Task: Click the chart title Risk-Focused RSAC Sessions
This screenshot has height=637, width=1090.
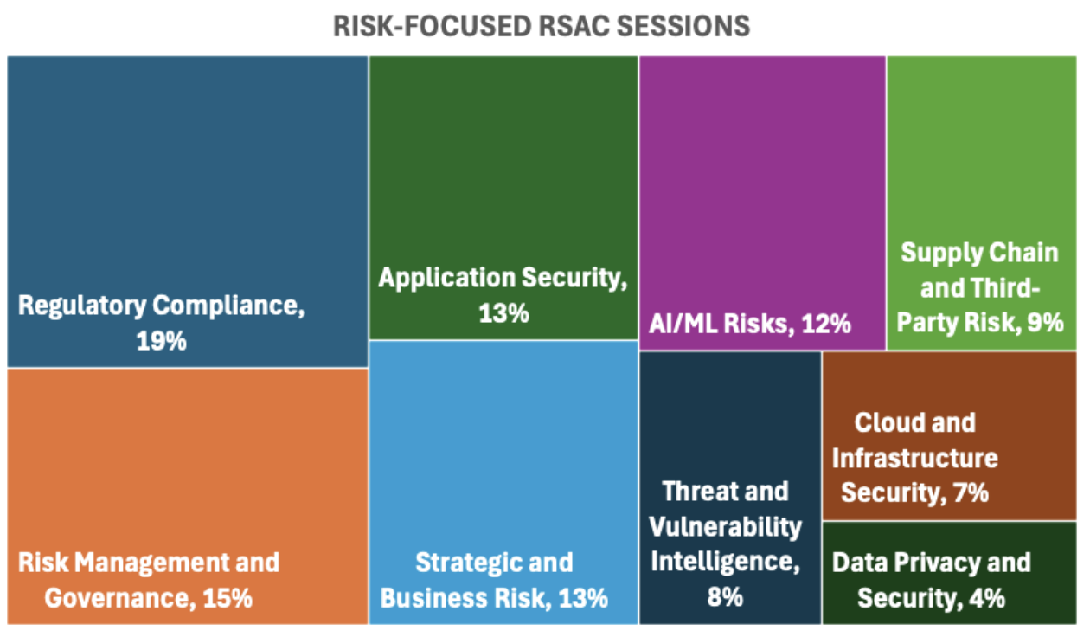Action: coord(542,26)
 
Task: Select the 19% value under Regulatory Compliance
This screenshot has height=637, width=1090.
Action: coord(161,341)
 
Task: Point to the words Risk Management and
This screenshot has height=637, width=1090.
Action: coord(148,563)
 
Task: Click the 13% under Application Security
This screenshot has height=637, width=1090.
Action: coord(503,313)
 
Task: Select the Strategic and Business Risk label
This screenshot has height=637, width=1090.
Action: coord(494,580)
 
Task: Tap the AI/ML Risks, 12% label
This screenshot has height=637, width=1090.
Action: coord(749,324)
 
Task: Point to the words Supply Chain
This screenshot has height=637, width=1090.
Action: coord(979,253)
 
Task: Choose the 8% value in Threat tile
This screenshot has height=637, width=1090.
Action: coord(724,597)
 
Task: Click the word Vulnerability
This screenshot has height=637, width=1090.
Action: coord(725,526)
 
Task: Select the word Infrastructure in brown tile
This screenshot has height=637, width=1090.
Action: coord(914,457)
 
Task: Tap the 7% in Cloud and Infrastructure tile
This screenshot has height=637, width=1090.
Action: coord(969,492)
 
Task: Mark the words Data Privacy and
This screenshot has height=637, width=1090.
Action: coord(931,563)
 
